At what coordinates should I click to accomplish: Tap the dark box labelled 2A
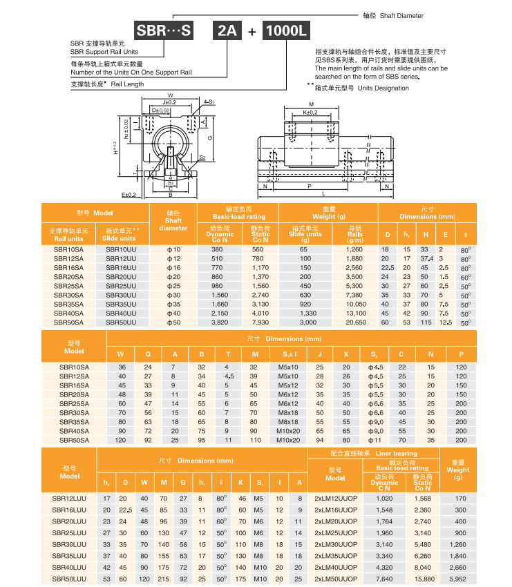click(227, 31)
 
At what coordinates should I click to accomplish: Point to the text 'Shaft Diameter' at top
click(401, 15)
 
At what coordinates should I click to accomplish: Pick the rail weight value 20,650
click(355, 322)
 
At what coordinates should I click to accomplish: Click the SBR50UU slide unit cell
click(121, 322)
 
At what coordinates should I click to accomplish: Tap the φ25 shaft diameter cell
click(173, 285)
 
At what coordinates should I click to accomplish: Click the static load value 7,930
click(260, 322)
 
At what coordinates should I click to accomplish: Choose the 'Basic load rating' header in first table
click(238, 217)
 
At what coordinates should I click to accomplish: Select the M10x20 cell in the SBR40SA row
click(287, 430)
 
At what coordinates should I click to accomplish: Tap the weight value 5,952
click(458, 579)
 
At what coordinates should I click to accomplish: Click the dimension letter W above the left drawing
click(170, 95)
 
